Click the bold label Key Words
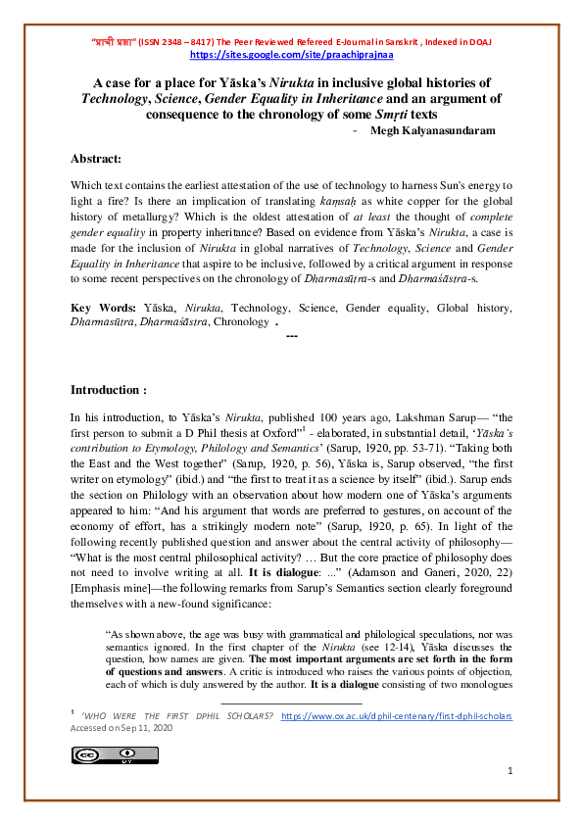(103, 308)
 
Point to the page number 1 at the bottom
(510, 772)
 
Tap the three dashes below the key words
(291, 336)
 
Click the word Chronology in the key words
(239, 321)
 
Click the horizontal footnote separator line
(290, 703)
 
